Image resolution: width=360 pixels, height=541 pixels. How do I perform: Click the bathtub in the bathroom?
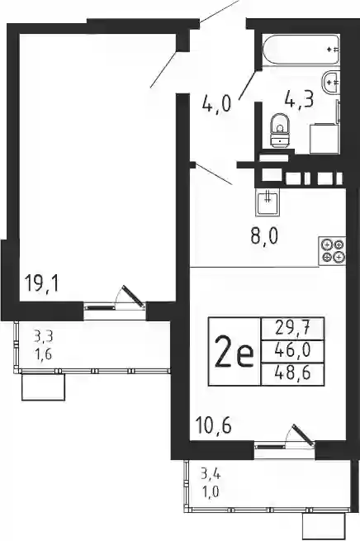pyautogui.click(x=301, y=50)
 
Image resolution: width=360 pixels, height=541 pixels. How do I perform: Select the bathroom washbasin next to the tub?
pyautogui.click(x=331, y=82)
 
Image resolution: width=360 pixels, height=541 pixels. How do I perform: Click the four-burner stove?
pyautogui.click(x=333, y=251)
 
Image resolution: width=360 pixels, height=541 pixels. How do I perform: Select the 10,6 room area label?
pyautogui.click(x=213, y=425)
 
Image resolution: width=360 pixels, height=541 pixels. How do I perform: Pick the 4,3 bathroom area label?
pyautogui.click(x=299, y=101)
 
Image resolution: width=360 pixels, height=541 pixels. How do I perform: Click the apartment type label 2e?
pyautogui.click(x=234, y=351)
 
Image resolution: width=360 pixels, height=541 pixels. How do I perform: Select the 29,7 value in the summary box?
pyautogui.click(x=293, y=328)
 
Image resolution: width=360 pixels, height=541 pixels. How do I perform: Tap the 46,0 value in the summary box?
pyautogui.click(x=293, y=351)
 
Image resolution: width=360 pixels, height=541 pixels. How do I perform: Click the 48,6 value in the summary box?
pyautogui.click(x=293, y=373)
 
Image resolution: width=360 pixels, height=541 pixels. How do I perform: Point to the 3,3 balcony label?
pyautogui.click(x=43, y=336)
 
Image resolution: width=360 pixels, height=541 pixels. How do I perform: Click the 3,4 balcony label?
pyautogui.click(x=211, y=474)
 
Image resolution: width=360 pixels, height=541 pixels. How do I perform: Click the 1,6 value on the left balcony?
pyautogui.click(x=43, y=354)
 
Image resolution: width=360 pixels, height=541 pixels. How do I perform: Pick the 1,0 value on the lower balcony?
pyautogui.click(x=211, y=491)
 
